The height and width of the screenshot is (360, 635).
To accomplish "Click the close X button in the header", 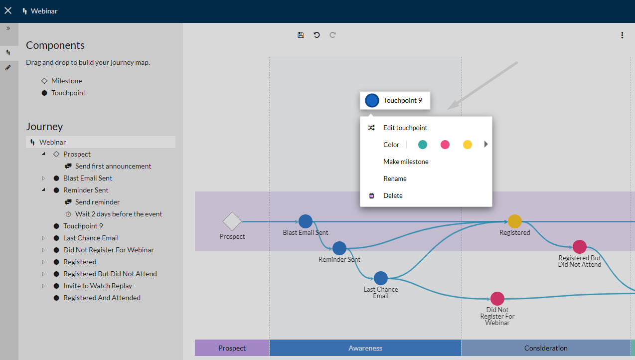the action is click(x=8, y=11).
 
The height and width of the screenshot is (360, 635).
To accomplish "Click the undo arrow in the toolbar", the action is click(x=317, y=35).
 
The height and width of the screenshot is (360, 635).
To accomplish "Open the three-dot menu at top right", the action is click(x=622, y=35).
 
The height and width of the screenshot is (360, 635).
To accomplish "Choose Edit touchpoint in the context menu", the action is click(x=405, y=128).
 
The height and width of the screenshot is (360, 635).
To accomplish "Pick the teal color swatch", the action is click(x=422, y=145).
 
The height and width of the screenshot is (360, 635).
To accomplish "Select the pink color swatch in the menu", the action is click(x=445, y=145).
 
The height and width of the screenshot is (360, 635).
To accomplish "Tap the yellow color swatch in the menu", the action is click(x=468, y=145).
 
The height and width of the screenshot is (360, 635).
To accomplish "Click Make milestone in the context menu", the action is click(x=406, y=162).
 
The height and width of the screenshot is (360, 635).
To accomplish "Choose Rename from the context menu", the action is click(x=395, y=179).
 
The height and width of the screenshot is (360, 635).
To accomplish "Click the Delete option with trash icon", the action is click(x=393, y=195).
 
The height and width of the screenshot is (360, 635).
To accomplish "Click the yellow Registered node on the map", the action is click(x=515, y=221).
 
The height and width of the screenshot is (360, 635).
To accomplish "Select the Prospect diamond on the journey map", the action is click(x=232, y=221).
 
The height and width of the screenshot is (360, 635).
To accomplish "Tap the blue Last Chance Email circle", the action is click(x=381, y=278).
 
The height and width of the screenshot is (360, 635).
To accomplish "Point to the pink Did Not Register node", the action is click(x=497, y=299).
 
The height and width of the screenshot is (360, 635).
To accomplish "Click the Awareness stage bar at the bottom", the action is click(x=365, y=348).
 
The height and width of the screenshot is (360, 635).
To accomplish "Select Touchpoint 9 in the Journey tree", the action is click(x=83, y=226).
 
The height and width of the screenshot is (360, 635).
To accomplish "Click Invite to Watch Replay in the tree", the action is click(x=98, y=286).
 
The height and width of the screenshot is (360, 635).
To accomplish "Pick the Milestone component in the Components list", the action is click(x=66, y=81).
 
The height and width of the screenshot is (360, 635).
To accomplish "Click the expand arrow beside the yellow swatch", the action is click(x=486, y=145).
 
